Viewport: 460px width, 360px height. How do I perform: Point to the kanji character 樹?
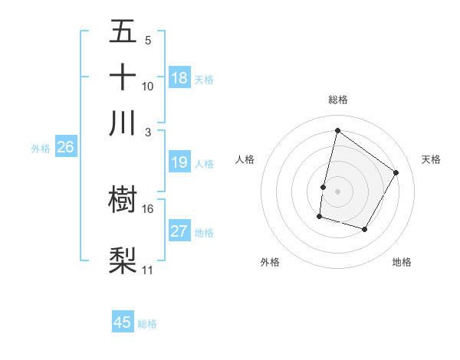123,199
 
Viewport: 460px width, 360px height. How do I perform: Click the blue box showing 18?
179,78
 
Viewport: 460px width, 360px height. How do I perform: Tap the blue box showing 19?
179,162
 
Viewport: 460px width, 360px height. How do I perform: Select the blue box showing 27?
179,231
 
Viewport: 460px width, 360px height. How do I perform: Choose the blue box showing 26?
65,148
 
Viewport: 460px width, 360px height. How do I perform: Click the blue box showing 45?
123,322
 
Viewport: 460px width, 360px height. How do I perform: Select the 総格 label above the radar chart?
337,100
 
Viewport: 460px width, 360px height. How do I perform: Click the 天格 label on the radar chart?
431,159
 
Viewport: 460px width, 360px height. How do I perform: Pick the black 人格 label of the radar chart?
245,159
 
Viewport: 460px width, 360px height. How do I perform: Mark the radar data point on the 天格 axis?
396,172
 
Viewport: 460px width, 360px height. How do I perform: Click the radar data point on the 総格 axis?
337,130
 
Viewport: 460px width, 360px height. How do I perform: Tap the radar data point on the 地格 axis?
365,229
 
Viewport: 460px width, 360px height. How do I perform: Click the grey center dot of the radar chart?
337,191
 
